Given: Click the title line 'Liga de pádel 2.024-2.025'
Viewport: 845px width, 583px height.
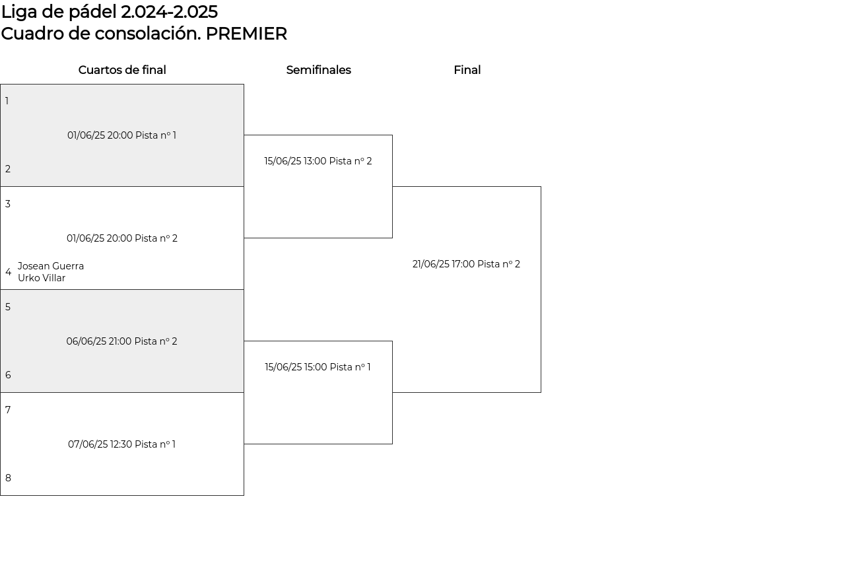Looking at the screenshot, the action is [x=110, y=13].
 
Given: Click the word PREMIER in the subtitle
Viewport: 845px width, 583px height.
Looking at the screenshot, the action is [x=246, y=34].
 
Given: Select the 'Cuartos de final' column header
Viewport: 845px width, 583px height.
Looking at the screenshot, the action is [x=122, y=70].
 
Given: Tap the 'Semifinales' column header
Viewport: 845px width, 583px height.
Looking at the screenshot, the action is [x=319, y=70].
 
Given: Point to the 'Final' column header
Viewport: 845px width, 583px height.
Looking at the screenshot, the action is [x=467, y=70].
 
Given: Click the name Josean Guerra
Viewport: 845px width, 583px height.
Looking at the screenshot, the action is [x=51, y=266].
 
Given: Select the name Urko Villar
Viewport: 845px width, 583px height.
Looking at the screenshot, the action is [x=42, y=278].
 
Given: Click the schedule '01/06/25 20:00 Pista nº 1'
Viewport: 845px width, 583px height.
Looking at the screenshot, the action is [x=122, y=135].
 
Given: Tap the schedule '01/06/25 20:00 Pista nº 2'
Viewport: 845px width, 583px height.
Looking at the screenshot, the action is [x=122, y=238].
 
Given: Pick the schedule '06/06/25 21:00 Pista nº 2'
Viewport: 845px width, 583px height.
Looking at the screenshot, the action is [x=122, y=341].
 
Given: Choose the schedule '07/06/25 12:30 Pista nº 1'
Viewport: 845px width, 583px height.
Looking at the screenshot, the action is [x=122, y=444].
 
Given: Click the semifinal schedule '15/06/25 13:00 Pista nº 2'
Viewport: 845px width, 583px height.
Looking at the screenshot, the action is [x=318, y=161].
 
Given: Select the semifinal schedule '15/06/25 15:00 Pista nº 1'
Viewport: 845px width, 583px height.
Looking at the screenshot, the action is [x=318, y=367].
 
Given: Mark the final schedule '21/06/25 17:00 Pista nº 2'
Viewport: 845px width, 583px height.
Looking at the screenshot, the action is [x=466, y=264].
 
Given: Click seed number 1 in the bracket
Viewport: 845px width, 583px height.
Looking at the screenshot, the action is [x=7, y=101].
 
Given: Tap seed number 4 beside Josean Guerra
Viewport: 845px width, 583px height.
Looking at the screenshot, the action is [x=9, y=272].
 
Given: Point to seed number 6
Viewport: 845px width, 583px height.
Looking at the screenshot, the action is [x=8, y=375].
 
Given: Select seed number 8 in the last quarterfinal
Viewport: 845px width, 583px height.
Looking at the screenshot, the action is [x=8, y=478].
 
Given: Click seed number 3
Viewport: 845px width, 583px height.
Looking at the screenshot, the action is [x=7, y=204].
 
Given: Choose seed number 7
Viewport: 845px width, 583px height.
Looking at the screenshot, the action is [x=8, y=410].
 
